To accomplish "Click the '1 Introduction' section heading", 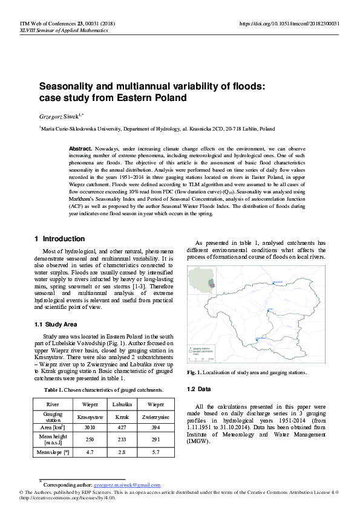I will point(60,239).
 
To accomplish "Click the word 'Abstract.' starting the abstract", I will point(80,148).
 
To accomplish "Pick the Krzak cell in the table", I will point(123,417).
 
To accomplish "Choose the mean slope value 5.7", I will point(155,451).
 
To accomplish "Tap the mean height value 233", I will point(123,439).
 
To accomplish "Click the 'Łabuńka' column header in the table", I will point(123,403).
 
